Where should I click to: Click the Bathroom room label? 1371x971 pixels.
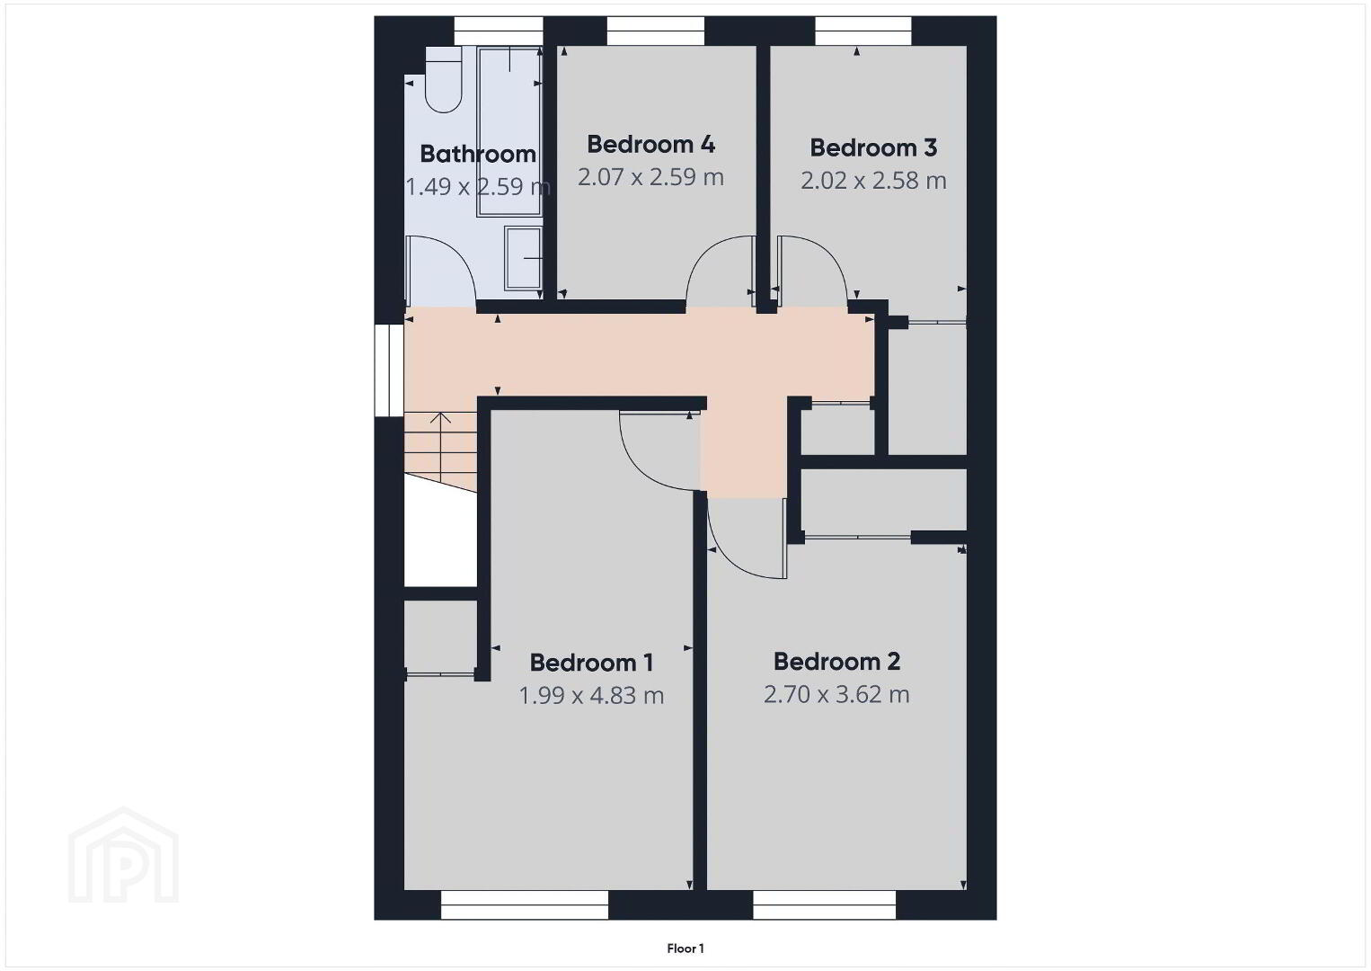[x=478, y=154]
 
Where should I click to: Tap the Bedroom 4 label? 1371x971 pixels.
[x=650, y=145]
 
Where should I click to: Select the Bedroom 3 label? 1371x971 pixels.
[x=873, y=147]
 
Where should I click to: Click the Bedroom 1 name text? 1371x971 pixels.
[x=591, y=663]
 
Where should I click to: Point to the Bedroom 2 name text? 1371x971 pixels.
[x=836, y=661]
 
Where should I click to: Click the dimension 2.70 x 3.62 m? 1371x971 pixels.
[x=836, y=694]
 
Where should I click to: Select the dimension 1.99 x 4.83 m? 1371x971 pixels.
[x=591, y=695]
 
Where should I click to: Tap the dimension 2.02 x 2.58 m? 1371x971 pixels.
[x=873, y=181]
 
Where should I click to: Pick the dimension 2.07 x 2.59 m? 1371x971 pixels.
[x=650, y=177]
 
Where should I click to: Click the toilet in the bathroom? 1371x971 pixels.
[x=443, y=80]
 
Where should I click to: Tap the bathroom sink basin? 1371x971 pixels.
[x=523, y=259]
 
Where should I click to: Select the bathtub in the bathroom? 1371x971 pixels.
[x=509, y=131]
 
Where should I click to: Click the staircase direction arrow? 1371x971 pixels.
[x=440, y=418]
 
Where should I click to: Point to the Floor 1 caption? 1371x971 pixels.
[x=685, y=949]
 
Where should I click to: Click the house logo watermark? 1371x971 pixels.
[x=123, y=855]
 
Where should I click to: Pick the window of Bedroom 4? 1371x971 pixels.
[x=656, y=31]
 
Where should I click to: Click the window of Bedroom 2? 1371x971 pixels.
[x=825, y=905]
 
